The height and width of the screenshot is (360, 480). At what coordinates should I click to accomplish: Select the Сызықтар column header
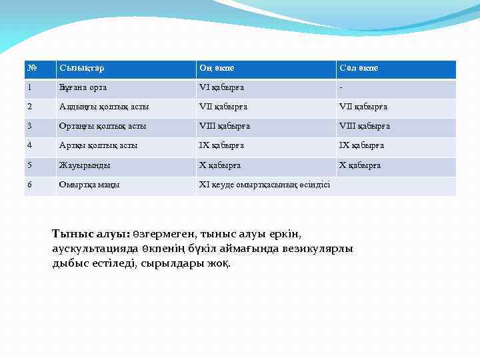[81, 69]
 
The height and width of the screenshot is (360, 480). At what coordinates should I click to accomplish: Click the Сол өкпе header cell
[359, 69]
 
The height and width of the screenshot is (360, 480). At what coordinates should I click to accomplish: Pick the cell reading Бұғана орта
[83, 87]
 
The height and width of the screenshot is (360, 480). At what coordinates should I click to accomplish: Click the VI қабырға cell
[221, 87]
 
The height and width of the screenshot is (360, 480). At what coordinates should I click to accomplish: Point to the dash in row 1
[341, 87]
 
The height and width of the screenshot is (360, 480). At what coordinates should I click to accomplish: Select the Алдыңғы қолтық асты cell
[104, 107]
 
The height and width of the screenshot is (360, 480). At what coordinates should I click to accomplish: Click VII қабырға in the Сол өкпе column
[363, 107]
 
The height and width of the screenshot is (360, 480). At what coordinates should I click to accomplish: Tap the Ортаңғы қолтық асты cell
[103, 126]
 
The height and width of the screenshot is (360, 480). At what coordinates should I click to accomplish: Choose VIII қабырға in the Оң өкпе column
[225, 126]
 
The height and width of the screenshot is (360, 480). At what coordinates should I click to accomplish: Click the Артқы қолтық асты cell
[99, 145]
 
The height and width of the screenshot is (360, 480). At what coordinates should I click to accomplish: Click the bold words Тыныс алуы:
[91, 235]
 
